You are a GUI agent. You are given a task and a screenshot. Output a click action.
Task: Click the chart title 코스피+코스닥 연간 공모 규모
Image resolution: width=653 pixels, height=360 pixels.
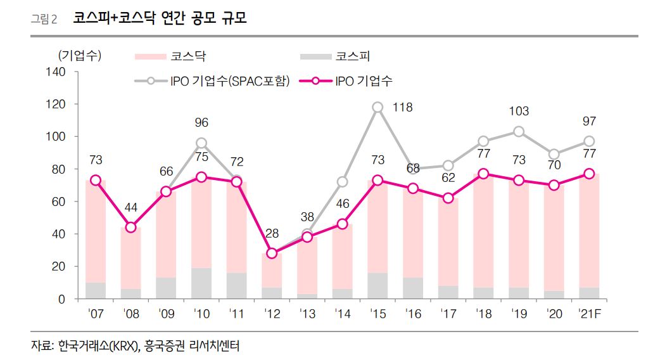pos(160,19)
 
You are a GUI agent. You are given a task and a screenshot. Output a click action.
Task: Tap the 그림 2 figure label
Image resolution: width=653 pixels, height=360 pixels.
pos(44,20)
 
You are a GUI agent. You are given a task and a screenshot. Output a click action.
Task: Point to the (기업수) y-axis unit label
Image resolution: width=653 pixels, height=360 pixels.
pos(79,56)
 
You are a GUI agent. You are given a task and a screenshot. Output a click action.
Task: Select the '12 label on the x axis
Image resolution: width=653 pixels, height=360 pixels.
pos(272,312)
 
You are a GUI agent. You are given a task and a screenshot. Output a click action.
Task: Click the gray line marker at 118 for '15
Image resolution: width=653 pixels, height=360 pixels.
pos(377,107)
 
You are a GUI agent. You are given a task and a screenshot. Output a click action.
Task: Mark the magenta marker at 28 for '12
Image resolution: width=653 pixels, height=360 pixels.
pos(272,253)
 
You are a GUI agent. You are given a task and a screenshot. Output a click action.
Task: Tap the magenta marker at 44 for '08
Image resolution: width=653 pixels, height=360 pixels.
pos(130,227)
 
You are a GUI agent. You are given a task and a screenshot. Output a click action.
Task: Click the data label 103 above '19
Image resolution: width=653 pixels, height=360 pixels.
pos(519,112)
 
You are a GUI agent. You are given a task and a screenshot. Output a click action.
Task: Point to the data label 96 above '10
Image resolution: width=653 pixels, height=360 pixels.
pos(201,123)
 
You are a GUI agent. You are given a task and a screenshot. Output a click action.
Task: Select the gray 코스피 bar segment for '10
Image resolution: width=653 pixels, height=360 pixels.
pos(201,283)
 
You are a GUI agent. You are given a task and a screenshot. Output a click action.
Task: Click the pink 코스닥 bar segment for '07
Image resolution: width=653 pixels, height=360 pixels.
pos(96,231)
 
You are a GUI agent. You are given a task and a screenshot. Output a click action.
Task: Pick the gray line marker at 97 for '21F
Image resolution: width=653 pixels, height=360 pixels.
pos(588,141)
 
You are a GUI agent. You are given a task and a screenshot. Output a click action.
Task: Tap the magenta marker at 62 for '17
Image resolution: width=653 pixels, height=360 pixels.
pos(448,198)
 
